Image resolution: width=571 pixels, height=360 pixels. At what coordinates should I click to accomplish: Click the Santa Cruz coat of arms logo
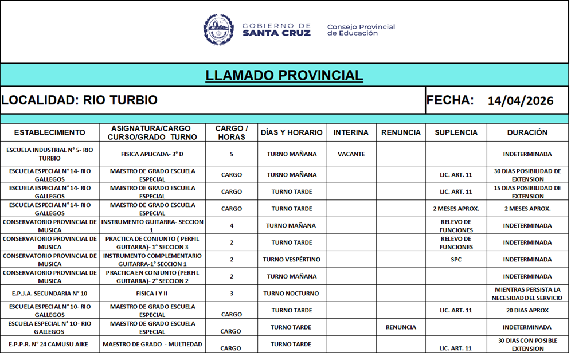click(218, 30)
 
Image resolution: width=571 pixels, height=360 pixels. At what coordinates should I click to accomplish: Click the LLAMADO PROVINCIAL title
click(284, 75)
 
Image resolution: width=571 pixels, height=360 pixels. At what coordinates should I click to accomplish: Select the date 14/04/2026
click(521, 101)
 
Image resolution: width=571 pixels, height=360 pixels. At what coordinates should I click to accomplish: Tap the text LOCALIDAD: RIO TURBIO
click(80, 100)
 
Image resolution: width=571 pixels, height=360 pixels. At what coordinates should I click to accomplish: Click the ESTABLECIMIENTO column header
click(49, 132)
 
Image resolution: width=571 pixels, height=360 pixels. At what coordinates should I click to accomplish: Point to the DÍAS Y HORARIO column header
click(291, 132)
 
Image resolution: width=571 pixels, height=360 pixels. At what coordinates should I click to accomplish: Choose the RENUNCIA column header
click(401, 132)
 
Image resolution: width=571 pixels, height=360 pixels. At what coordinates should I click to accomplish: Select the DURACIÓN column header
click(527, 132)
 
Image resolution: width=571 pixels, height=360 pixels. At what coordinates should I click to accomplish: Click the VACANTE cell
click(351, 154)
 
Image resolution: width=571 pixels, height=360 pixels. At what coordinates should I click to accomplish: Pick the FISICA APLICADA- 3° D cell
click(152, 154)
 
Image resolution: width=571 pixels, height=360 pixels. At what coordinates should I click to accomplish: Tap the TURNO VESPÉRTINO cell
click(291, 260)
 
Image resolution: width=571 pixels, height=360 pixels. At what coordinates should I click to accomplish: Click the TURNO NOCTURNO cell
click(291, 294)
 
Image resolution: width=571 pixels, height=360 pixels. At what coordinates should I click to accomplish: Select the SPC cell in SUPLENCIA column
click(456, 260)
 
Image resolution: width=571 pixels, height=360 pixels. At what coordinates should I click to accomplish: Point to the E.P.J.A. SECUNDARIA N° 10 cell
click(49, 294)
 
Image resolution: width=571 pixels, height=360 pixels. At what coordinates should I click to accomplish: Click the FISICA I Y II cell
click(152, 294)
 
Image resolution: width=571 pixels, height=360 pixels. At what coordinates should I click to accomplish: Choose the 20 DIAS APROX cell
click(527, 311)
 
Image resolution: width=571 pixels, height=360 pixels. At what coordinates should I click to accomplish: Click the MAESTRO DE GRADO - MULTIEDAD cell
click(152, 345)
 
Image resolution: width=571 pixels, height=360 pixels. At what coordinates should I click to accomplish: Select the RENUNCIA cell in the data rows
click(401, 327)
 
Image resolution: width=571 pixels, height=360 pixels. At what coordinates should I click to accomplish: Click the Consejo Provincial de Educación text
click(361, 30)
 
